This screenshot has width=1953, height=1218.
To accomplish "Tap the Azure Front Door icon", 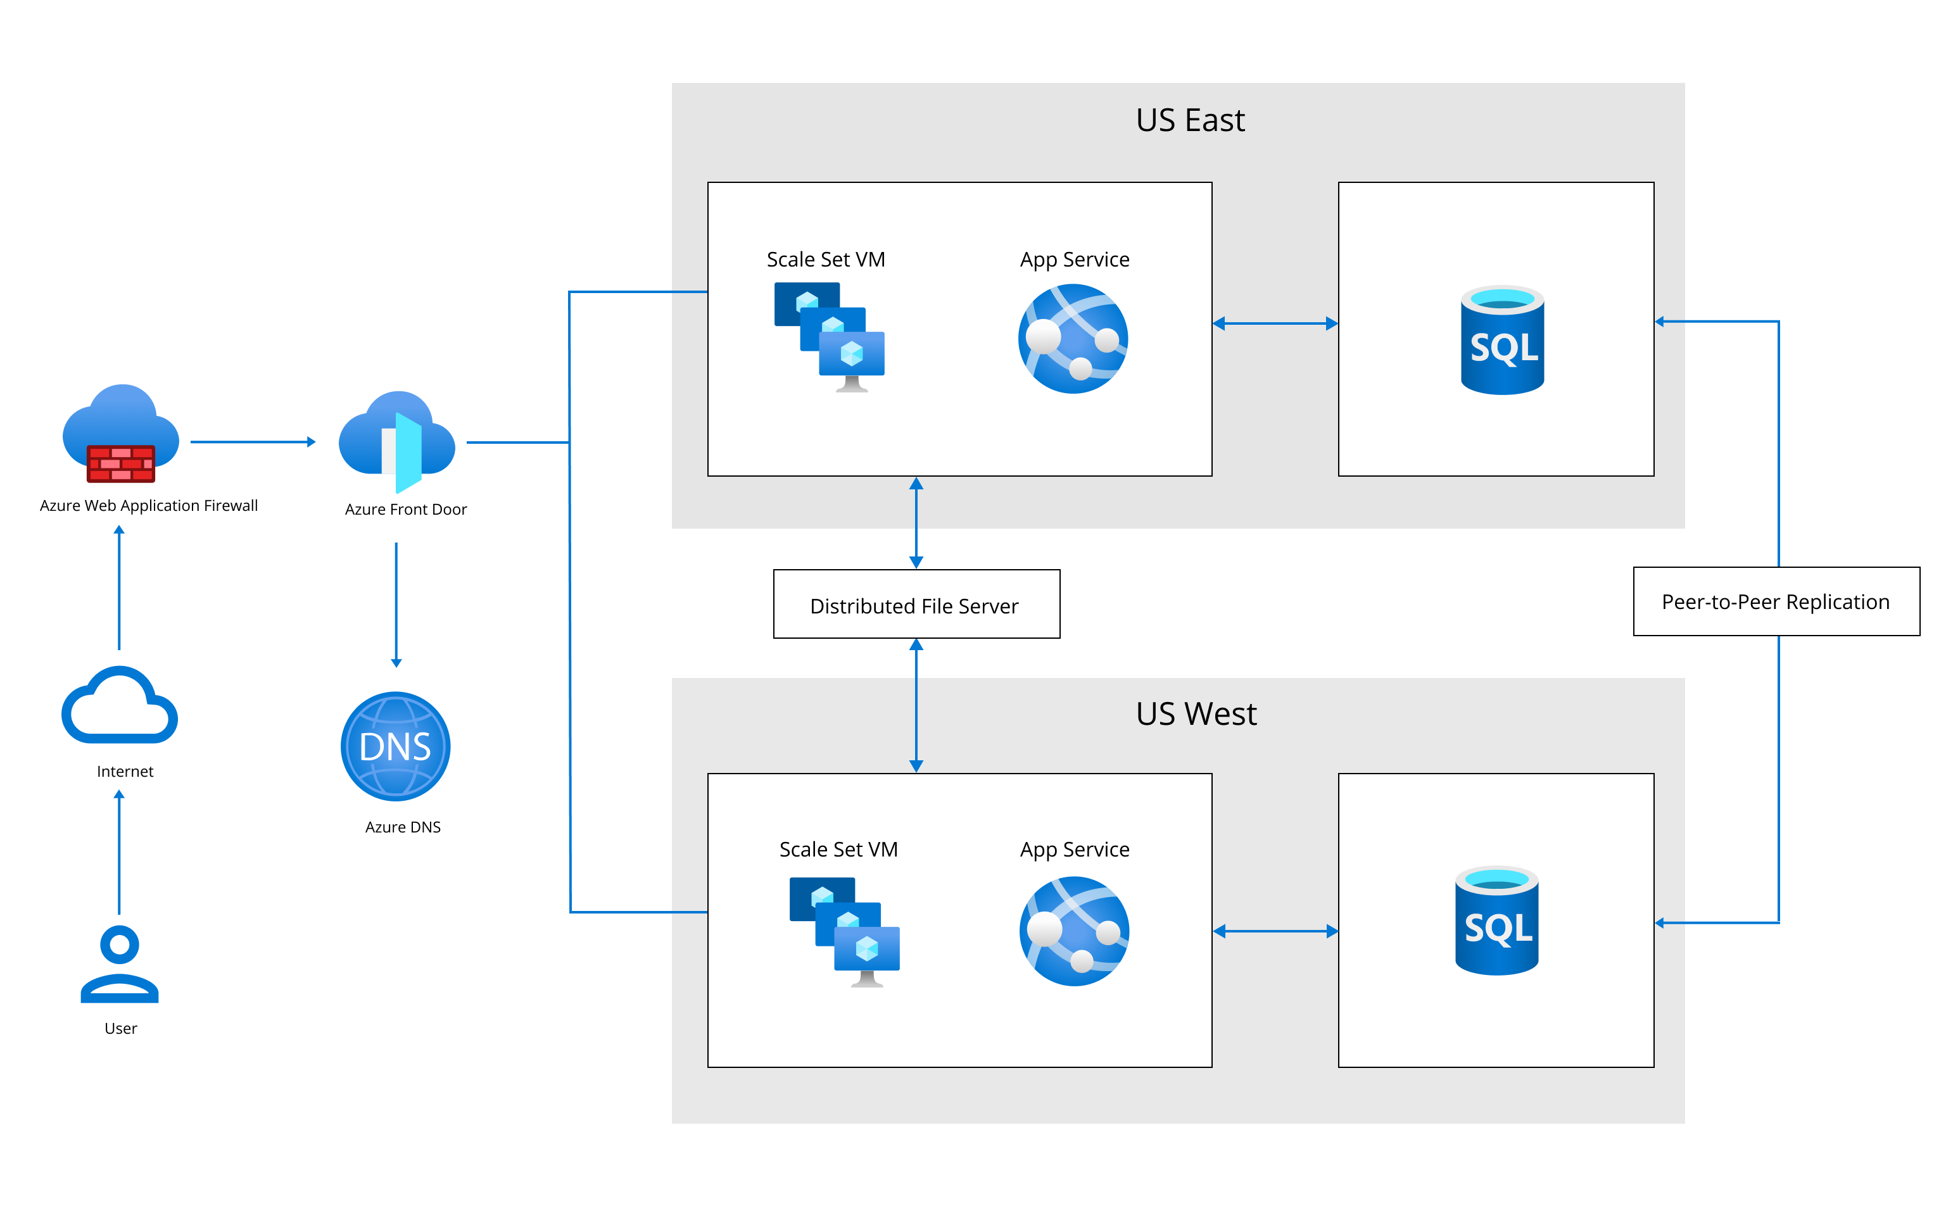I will pyautogui.click(x=397, y=441).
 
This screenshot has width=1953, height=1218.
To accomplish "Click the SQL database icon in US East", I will pyautogui.click(x=1502, y=340).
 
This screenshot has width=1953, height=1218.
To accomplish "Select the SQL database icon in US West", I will pyautogui.click(x=1496, y=920).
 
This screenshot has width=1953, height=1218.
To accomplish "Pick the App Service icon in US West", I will pyautogui.click(x=1073, y=931).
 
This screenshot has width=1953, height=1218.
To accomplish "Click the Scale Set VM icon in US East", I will pyautogui.click(x=829, y=337).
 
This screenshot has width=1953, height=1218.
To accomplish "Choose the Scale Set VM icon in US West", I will pyautogui.click(x=844, y=932).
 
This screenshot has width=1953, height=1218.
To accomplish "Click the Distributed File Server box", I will pyautogui.click(x=916, y=605).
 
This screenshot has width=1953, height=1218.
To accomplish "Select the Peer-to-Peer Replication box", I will pyautogui.click(x=1776, y=602).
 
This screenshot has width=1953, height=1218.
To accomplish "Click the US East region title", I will pyautogui.click(x=1190, y=121).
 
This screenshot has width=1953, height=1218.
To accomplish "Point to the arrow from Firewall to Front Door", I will pyautogui.click(x=252, y=441).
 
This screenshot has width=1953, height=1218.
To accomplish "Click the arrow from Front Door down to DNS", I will pyautogui.click(x=396, y=604).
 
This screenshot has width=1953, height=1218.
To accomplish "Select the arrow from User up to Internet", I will pyautogui.click(x=119, y=851).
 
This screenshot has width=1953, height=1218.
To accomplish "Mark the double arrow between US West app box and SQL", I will pyautogui.click(x=1275, y=931).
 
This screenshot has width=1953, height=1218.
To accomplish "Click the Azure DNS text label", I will pyautogui.click(x=403, y=827).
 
